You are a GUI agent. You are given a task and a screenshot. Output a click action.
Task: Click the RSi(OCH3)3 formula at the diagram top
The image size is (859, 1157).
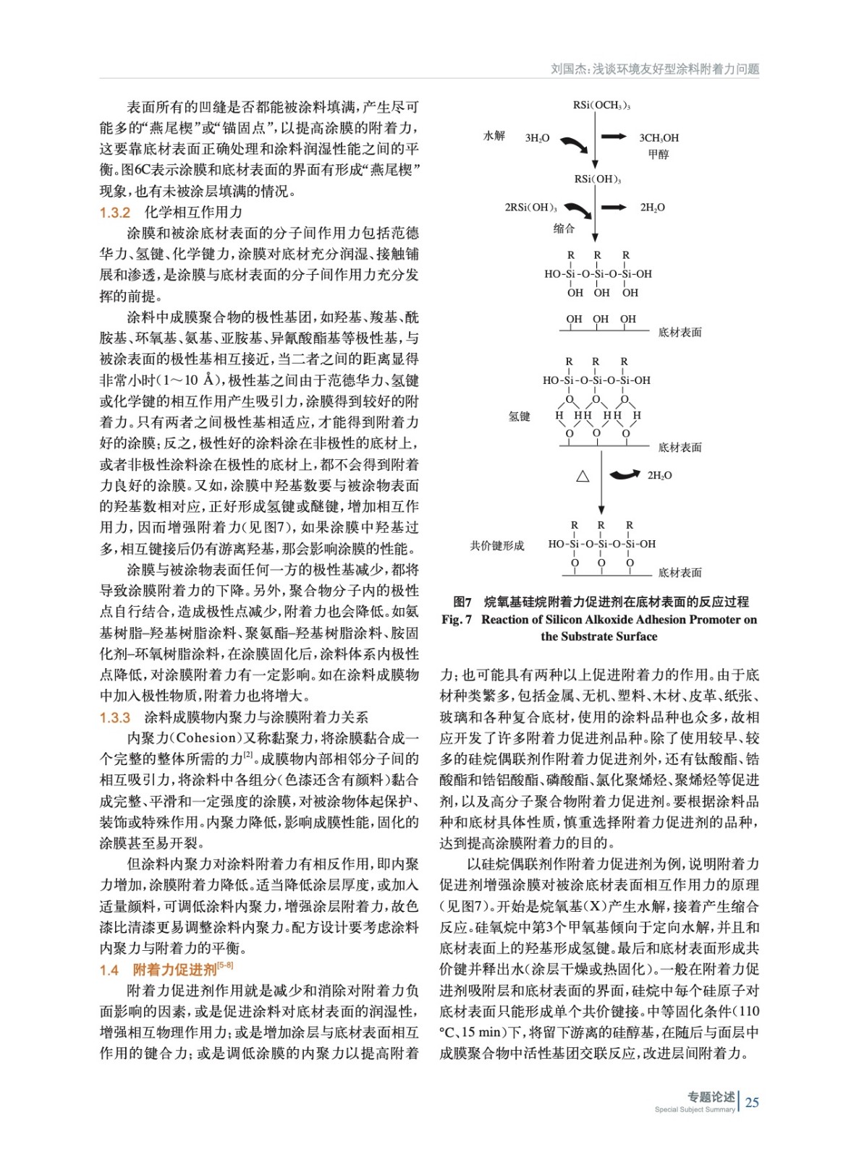click(x=601, y=106)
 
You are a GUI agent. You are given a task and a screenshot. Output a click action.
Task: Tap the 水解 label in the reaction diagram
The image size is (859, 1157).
click(x=494, y=136)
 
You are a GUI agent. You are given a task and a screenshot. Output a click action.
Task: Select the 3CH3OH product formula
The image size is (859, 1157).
click(x=659, y=137)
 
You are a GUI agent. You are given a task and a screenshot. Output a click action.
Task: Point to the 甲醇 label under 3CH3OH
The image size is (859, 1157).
click(x=659, y=154)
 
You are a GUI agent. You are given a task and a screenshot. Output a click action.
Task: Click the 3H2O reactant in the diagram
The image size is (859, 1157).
click(x=537, y=137)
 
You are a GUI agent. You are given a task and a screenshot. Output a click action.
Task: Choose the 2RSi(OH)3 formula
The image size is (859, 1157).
click(x=530, y=208)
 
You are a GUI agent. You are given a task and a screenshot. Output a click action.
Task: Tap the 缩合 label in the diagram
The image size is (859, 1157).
click(x=564, y=229)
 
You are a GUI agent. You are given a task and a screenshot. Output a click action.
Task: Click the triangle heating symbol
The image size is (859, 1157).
click(x=583, y=476)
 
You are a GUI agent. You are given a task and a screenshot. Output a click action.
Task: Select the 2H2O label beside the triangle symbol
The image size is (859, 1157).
click(x=659, y=475)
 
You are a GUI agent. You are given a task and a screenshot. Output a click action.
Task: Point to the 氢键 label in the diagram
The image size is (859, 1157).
click(x=520, y=417)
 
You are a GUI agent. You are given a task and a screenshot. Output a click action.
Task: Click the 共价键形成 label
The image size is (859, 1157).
click(x=497, y=545)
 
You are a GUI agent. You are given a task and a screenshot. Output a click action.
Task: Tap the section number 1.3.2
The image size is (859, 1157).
click(x=115, y=213)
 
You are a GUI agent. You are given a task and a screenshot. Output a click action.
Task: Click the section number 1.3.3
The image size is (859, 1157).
click(x=115, y=717)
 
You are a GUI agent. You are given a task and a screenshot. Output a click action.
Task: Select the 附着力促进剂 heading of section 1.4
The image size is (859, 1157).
click(x=175, y=970)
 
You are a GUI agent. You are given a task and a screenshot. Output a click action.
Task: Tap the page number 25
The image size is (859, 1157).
click(x=752, y=1102)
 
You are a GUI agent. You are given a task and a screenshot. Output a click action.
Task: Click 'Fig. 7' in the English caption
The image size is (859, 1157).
click(x=457, y=620)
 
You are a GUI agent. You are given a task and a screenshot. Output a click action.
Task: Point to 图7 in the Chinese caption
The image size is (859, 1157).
click(x=462, y=602)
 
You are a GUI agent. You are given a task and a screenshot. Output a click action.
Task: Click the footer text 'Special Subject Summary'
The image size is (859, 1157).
click(x=694, y=1109)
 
